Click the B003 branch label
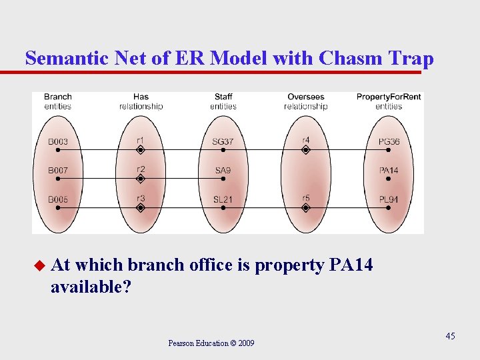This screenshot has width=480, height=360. (x=58, y=141)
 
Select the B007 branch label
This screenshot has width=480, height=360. (x=58, y=171)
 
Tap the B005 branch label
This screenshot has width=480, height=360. (x=58, y=199)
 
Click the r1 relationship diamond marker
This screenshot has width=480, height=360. (x=140, y=151)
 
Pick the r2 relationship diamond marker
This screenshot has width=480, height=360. (x=140, y=179)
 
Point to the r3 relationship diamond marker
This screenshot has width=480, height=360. (x=140, y=208)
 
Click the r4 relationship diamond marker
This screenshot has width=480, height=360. (x=305, y=151)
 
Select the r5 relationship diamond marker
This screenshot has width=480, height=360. (x=305, y=208)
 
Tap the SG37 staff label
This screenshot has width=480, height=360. (x=223, y=141)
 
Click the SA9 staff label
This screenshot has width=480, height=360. (x=223, y=171)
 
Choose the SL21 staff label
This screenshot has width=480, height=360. (x=223, y=199)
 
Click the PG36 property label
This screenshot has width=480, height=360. (x=389, y=141)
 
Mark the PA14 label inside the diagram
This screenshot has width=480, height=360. (x=389, y=171)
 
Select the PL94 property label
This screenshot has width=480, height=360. (x=389, y=199)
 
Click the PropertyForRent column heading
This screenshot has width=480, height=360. (x=389, y=97)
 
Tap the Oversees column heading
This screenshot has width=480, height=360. (x=305, y=97)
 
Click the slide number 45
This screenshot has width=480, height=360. (x=451, y=336)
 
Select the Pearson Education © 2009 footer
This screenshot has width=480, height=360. (x=211, y=343)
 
